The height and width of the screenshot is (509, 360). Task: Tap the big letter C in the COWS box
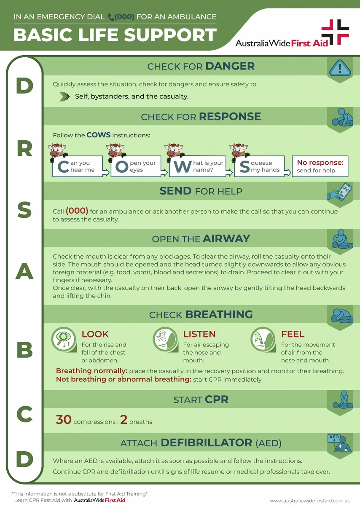pyautogui.click(x=63, y=167)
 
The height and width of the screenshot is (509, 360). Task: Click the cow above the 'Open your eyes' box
pyautogui.click(x=115, y=150)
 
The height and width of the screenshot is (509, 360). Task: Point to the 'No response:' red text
pyautogui.click(x=320, y=163)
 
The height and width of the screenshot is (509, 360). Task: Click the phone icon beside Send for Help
pyautogui.click(x=340, y=192)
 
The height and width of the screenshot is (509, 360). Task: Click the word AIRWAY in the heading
pyautogui.click(x=226, y=238)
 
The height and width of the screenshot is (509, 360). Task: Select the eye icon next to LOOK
pyautogui.click(x=63, y=338)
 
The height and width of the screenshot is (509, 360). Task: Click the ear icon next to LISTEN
pyautogui.click(x=164, y=338)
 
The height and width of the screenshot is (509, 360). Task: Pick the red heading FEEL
pyautogui.click(x=293, y=334)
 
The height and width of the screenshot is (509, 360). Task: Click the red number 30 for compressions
pyautogui.click(x=63, y=420)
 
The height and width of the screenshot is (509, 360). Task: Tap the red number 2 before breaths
pyautogui.click(x=124, y=420)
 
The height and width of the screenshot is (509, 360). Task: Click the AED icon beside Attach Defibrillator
pyautogui.click(x=340, y=444)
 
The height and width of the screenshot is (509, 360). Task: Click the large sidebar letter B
pyautogui.click(x=24, y=349)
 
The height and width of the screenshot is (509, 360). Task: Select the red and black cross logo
pyautogui.click(x=335, y=32)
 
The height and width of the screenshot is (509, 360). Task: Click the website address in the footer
pyautogui.click(x=310, y=501)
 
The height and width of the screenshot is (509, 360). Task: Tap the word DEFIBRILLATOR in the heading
pyautogui.click(x=206, y=443)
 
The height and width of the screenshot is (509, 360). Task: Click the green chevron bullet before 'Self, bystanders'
pyautogui.click(x=64, y=96)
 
